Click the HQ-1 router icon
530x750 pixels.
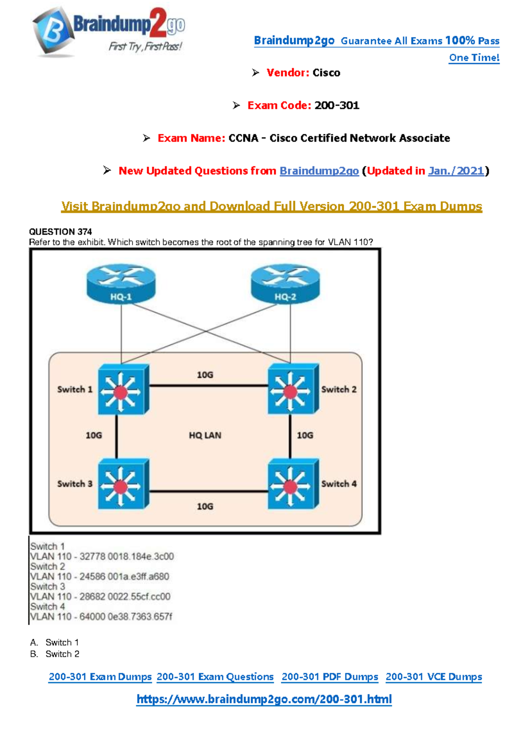click(121, 284)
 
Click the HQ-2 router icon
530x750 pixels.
click(285, 284)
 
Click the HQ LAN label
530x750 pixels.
click(205, 436)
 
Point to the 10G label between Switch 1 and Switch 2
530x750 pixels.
click(205, 375)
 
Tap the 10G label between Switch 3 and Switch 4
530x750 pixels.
click(205, 507)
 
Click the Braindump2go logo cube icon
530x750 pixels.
click(52, 31)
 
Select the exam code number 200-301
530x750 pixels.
click(337, 106)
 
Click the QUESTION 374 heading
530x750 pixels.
click(61, 232)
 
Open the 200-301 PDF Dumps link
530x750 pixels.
click(330, 677)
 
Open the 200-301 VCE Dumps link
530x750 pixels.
click(434, 677)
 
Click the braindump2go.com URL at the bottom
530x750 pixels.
click(264, 699)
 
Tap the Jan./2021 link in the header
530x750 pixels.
click(456, 171)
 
